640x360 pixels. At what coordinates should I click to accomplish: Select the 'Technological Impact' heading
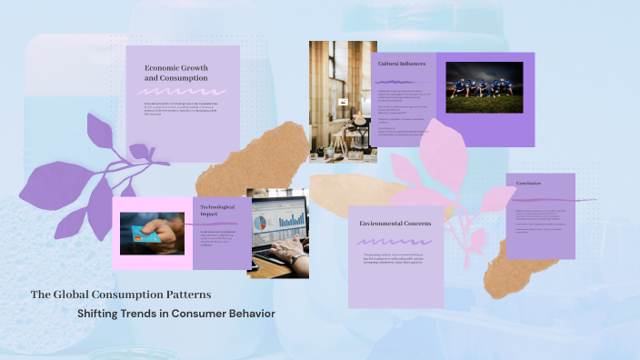tap(217, 211)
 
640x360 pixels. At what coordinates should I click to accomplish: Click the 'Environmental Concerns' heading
tap(395, 224)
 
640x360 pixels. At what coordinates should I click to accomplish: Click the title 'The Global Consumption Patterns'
tap(121, 295)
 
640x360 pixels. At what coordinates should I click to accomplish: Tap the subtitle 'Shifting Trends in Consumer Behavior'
tap(176, 314)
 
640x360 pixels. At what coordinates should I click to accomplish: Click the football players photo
tap(484, 87)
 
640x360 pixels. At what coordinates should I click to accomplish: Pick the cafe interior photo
tap(343, 95)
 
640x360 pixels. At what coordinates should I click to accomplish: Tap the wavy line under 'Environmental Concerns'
tap(395, 242)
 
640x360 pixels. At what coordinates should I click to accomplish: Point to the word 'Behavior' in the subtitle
tap(252, 314)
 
